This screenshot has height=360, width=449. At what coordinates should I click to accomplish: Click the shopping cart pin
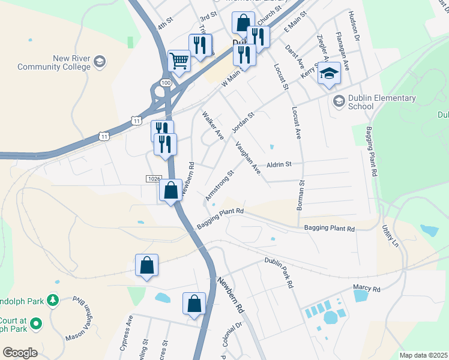point(179,61)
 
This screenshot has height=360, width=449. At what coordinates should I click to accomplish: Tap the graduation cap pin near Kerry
point(329,74)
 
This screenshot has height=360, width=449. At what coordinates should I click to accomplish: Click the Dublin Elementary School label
point(361,102)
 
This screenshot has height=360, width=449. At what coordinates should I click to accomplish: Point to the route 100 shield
point(166,81)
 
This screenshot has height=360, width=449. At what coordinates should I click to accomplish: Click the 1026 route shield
point(153,179)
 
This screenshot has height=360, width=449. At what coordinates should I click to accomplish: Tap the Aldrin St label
point(279,163)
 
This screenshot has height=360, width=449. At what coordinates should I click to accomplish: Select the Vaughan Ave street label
point(248,158)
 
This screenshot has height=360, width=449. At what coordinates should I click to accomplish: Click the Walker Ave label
point(212,125)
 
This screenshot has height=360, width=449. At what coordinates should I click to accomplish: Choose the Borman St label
point(301,196)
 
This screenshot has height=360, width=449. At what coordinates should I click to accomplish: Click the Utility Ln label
point(390,236)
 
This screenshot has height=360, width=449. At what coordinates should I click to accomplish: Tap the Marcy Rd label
point(367,289)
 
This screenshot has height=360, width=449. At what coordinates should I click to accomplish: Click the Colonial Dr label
point(231,334)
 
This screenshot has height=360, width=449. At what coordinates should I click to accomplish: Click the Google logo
point(20,352)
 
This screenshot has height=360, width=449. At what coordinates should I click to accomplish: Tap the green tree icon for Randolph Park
point(53,299)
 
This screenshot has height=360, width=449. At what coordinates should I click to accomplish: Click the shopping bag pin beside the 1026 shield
point(171,190)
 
